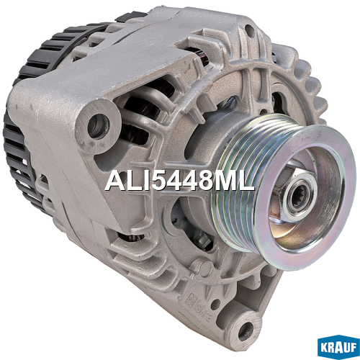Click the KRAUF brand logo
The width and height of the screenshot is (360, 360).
click(x=338, y=347)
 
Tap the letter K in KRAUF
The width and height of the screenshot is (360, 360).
click(x=324, y=348)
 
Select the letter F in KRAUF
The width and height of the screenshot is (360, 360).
click(x=353, y=348)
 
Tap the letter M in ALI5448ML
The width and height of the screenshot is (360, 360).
click(x=225, y=181)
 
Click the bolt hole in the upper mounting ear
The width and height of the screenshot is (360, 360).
click(x=98, y=126)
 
